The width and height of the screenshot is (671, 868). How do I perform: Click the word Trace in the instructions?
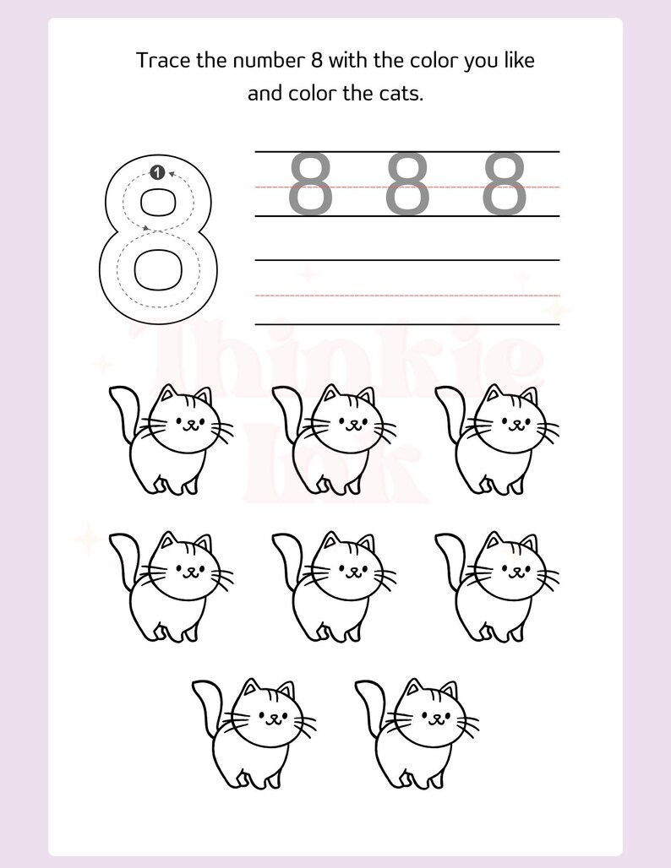pyautogui.click(x=158, y=61)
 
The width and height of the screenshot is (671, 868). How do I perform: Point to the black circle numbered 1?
pyautogui.click(x=156, y=172)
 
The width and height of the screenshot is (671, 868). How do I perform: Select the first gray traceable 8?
pyautogui.click(x=311, y=183)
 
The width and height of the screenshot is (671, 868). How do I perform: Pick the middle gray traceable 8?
pyautogui.click(x=407, y=183)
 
